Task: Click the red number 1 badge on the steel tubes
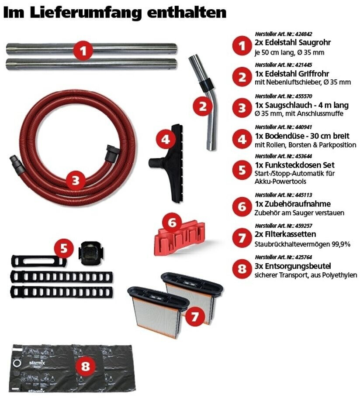83,51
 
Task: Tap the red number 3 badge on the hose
76,180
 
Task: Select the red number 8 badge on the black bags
85,366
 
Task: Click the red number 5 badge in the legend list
242,170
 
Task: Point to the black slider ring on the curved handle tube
205,85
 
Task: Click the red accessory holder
180,239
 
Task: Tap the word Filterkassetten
290,234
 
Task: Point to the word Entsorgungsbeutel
298,266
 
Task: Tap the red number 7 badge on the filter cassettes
194,316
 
